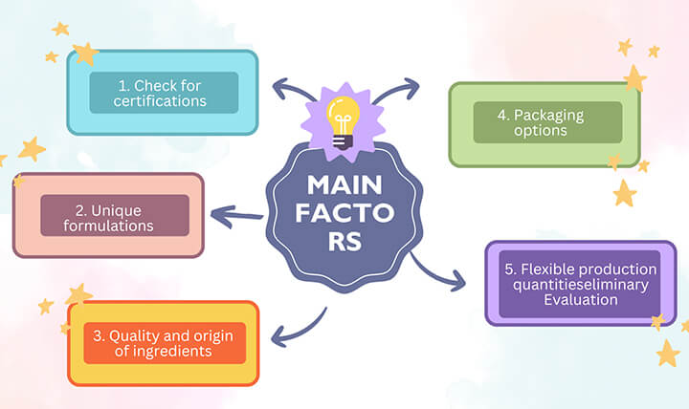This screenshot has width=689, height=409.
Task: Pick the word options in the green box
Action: coord(540,131)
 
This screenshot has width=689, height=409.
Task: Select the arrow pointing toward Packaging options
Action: coord(394,90)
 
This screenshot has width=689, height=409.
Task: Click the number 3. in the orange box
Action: coord(100,335)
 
